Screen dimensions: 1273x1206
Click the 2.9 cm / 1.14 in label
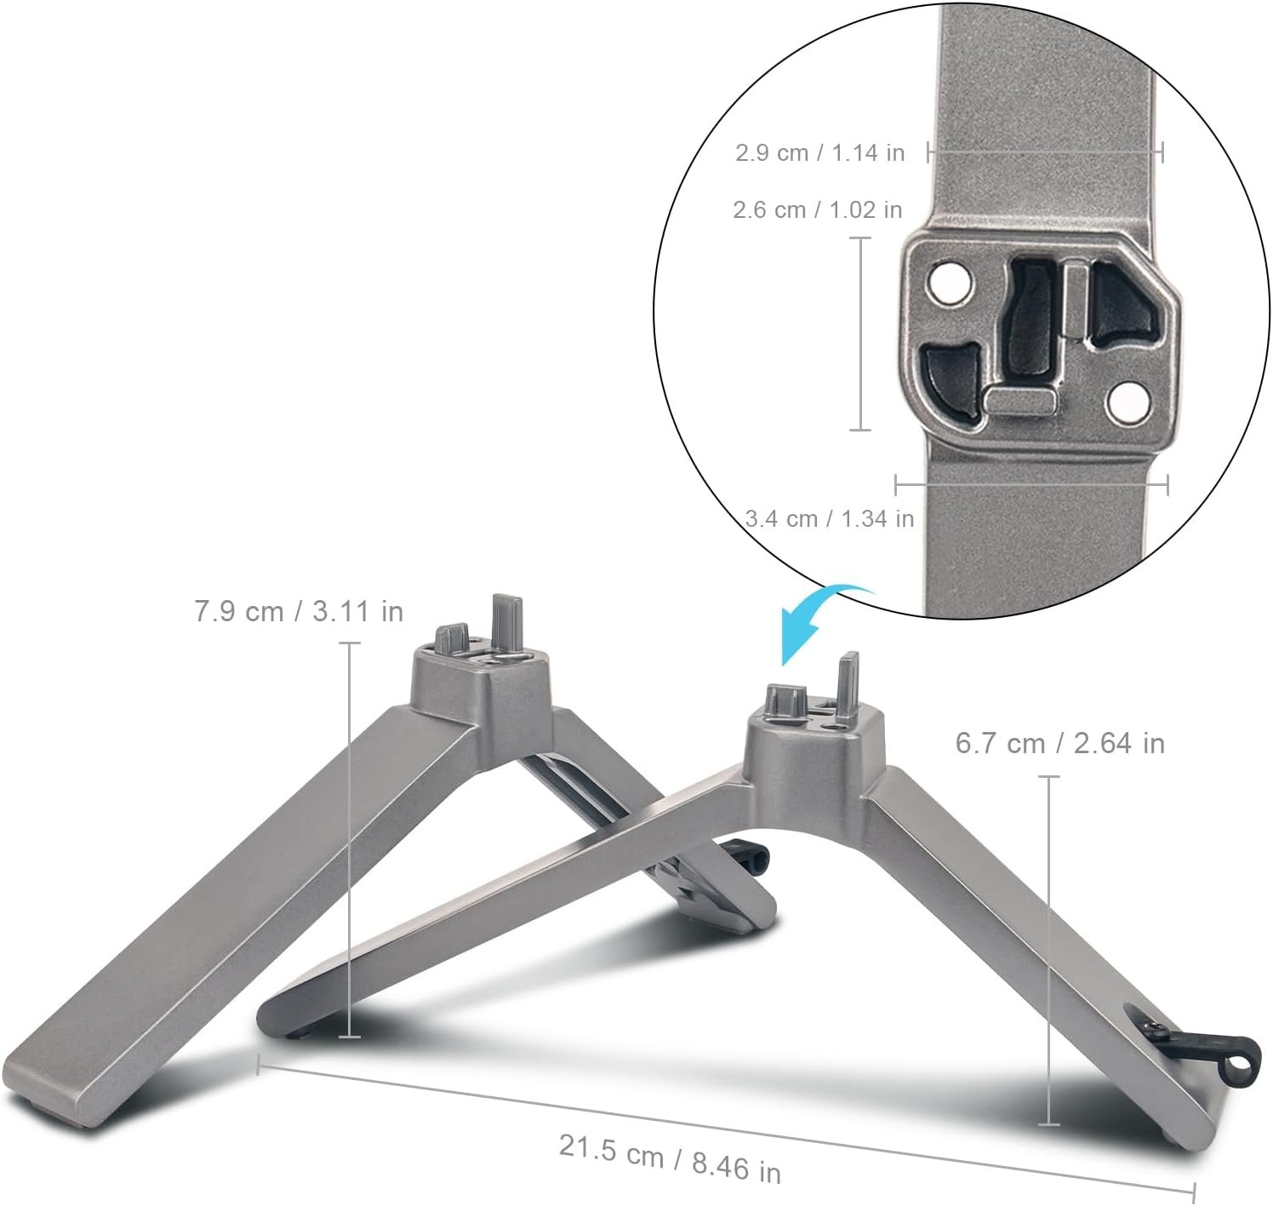[819, 153]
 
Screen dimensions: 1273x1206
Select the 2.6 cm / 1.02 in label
[817, 210]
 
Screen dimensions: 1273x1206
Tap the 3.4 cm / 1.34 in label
[830, 518]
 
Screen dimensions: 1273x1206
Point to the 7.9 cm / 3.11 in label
[299, 611]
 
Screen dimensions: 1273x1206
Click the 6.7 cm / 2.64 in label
[1060, 743]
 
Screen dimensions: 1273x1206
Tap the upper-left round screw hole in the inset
[950, 283]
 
